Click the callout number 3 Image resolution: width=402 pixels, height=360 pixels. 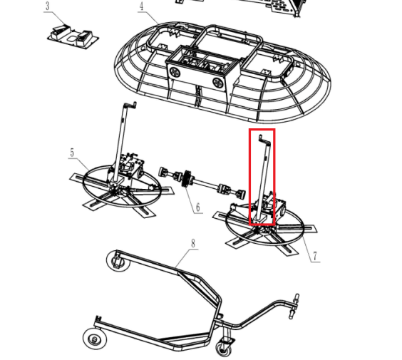[47, 6]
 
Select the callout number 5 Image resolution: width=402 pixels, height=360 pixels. [72, 153]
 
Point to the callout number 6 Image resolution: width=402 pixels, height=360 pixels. [197, 207]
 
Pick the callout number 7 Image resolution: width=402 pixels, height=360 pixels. [313, 255]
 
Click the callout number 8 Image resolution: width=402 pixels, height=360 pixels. [192, 244]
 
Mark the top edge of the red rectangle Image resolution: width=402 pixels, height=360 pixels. [262, 130]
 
